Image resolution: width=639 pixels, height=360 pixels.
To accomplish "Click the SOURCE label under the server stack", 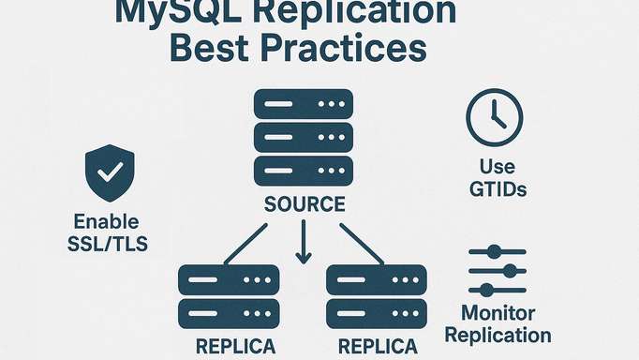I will click(304, 203).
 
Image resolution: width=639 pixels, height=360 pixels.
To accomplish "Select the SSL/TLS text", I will click(106, 246).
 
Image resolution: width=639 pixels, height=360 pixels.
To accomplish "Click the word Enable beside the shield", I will click(107, 223).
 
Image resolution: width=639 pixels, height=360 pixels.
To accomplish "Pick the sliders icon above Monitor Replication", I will click(497, 272).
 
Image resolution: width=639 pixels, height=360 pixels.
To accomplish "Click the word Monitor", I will click(498, 314).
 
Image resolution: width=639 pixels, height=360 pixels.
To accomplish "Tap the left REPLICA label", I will click(236, 346).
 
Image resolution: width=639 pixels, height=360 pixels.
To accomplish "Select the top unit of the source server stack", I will click(303, 103).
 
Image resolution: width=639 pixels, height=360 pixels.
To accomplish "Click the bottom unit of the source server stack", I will click(303, 171).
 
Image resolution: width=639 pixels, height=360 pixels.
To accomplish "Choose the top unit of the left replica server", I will click(229, 279).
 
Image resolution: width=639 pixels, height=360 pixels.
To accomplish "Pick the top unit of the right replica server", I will click(375, 279).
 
